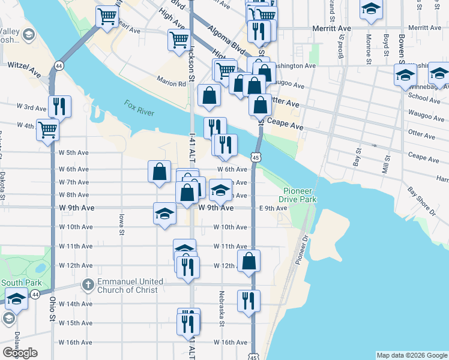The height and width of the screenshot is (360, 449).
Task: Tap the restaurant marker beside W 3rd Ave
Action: click(59, 107)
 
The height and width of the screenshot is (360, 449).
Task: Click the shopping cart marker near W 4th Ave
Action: click(48, 129)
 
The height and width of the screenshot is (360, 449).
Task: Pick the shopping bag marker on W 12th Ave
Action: click(249, 261)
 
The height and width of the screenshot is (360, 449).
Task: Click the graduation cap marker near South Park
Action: click(17, 298)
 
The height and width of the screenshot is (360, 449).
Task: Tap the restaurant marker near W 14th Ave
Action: click(249, 300)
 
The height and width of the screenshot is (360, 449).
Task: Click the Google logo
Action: click(20, 353)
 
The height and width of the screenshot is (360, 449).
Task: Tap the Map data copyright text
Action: click(411, 355)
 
